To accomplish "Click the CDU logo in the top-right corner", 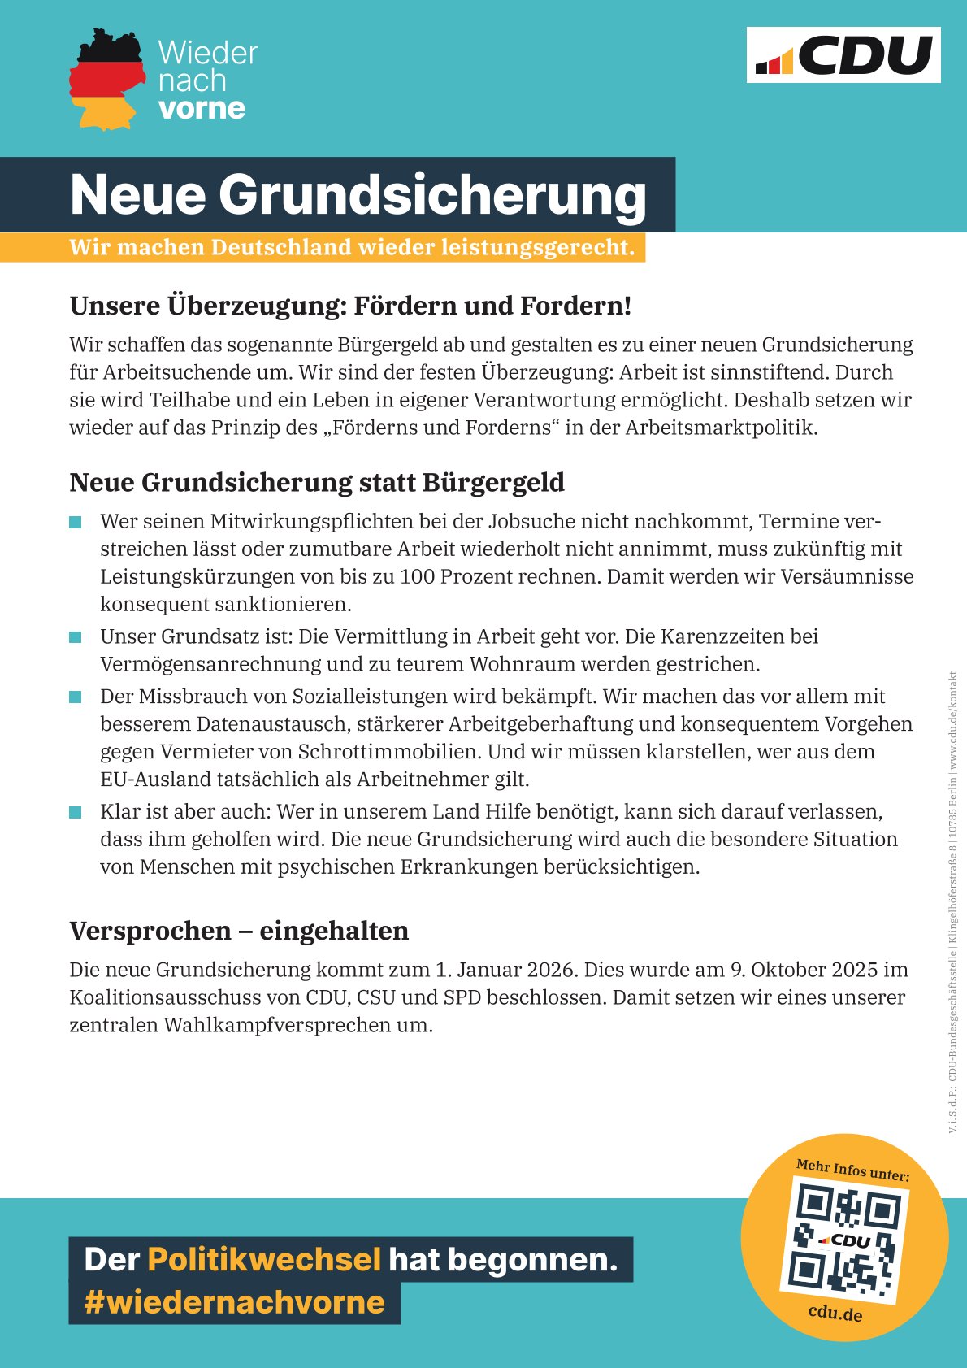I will (x=843, y=54).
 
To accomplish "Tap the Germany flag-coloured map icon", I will (x=106, y=80).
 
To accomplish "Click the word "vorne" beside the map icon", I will (x=202, y=108).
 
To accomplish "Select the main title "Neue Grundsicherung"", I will (x=358, y=195).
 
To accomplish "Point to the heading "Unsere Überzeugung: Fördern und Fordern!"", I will (x=350, y=306).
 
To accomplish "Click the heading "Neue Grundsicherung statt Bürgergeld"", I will (x=317, y=482).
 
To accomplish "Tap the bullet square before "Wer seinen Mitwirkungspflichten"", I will (x=76, y=522).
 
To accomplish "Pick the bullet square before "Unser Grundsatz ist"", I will (x=76, y=636).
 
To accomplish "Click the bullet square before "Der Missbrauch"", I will (x=76, y=697).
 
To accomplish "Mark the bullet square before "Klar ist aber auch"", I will (x=76, y=812).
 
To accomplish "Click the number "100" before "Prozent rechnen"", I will (x=418, y=576).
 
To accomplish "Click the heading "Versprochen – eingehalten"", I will (x=239, y=931).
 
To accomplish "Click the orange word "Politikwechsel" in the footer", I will (x=264, y=1259).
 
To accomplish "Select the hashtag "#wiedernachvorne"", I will (x=234, y=1302).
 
